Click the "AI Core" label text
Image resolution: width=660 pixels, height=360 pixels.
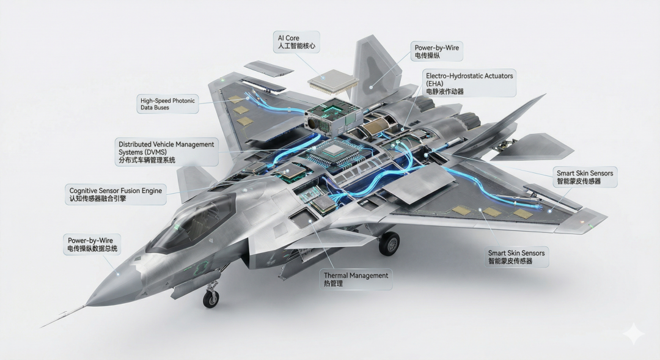287,38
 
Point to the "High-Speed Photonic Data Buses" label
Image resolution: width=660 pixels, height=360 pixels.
167,104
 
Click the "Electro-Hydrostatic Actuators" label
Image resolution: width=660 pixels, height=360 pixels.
469,75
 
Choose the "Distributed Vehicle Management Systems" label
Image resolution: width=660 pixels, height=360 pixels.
166,144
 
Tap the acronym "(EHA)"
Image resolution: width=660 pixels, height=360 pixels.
435,83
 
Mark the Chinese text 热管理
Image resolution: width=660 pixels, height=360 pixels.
333,284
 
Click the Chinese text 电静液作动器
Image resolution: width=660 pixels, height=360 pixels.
444,92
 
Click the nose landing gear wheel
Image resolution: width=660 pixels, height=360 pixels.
210,299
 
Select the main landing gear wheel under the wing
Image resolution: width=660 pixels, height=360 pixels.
389,244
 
